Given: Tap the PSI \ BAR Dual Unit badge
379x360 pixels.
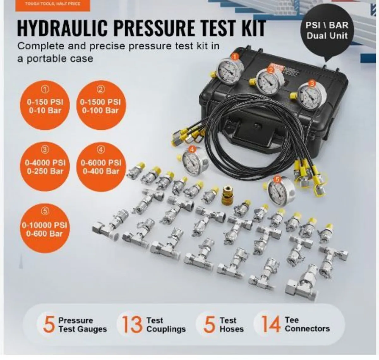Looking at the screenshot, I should [327, 30].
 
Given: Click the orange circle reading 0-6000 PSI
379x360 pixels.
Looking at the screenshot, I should [100, 167].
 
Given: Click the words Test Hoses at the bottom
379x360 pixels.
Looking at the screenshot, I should [232, 325].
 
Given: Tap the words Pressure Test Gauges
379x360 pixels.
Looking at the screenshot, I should [82, 325].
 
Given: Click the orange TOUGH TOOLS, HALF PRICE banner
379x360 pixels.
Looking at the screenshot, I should [53, 4].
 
